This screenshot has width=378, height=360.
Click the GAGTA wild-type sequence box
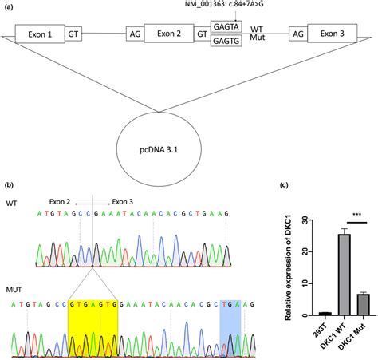point(224,29)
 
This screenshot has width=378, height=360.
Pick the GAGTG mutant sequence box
point(224,42)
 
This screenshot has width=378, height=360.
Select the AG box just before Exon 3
point(297,35)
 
